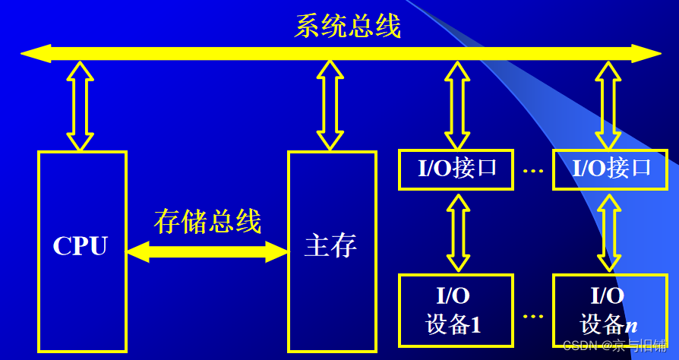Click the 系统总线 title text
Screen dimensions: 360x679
point(347,27)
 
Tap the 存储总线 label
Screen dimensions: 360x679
point(207,221)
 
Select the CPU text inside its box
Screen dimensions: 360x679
point(81,246)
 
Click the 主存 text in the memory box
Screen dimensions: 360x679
point(330,246)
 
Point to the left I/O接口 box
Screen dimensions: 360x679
point(457,169)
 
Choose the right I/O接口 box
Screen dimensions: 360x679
point(611,169)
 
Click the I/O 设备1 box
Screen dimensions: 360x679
point(457,312)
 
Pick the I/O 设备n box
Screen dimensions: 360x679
point(608,312)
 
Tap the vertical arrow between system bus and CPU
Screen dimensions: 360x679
point(81,106)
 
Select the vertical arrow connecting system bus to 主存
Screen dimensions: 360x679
point(330,106)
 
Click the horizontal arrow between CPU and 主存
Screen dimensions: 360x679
point(207,251)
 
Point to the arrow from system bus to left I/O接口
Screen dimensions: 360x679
point(457,106)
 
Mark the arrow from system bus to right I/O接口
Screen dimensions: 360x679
point(608,106)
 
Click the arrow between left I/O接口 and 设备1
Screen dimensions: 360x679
point(457,232)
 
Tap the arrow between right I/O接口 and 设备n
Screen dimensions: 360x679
point(608,232)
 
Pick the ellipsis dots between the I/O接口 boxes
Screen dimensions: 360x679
point(534,170)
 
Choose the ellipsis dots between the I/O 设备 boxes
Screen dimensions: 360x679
point(534,314)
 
